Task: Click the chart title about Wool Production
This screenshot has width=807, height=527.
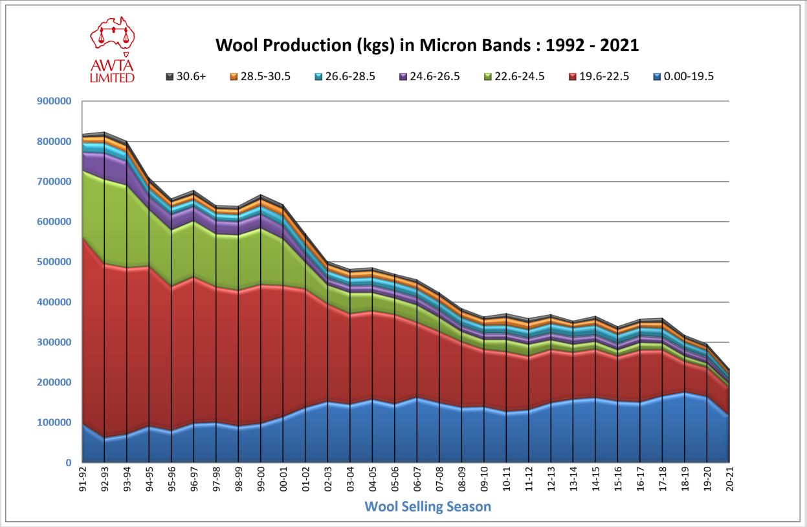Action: tap(426, 45)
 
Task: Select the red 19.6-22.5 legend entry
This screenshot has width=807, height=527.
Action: tap(598, 76)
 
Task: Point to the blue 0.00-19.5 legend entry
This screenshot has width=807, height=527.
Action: tap(683, 76)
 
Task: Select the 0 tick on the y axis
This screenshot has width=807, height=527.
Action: tap(67, 463)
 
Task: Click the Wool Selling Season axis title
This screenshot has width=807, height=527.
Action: tap(428, 506)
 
